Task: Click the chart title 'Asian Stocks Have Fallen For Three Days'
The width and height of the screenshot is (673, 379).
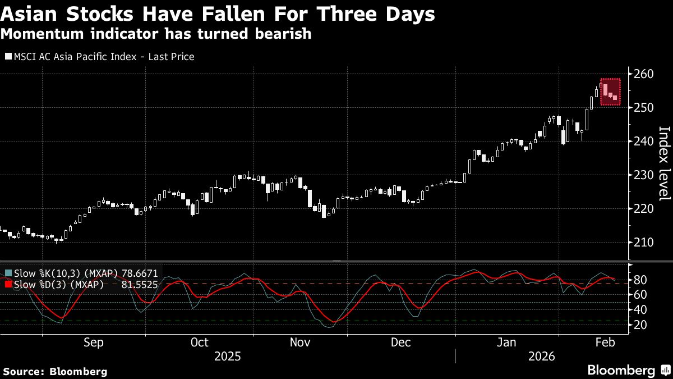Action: coord(218,15)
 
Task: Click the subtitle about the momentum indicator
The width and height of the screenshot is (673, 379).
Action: coord(156,34)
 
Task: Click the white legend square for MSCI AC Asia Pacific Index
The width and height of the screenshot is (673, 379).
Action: coord(7,57)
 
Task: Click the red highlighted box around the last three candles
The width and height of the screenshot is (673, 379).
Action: coord(611,92)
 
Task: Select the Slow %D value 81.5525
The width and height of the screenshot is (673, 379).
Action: coord(140,285)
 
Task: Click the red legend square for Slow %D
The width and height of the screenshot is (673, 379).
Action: coord(7,285)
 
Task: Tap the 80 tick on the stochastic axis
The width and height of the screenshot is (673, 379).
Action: coord(641,280)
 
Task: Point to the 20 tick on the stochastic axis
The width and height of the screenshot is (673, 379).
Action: coord(641,325)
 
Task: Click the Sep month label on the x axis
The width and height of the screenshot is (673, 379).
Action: coord(93,343)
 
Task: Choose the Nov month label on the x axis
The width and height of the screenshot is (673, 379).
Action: coord(299,343)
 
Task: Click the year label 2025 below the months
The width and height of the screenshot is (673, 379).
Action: coord(227,357)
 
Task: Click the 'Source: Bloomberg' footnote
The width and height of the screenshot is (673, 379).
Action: coord(55,371)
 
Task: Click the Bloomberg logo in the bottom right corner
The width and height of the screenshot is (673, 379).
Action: coord(629,370)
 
